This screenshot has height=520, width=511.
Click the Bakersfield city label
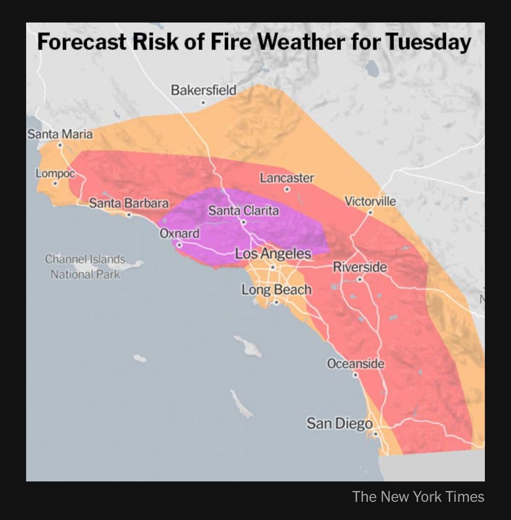pos(203,90)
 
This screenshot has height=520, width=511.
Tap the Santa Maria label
pos(60,134)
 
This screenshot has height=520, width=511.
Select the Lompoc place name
pos(56,174)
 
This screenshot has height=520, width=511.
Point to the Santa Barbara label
pos(129,203)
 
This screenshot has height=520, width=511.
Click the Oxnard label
pos(179,233)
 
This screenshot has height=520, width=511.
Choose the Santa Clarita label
pos(243,211)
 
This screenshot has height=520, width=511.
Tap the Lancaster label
pos(287,178)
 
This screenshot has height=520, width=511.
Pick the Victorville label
pos(370,201)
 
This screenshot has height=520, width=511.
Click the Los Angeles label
pos(273,254)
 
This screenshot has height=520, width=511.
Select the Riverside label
pos(360,267)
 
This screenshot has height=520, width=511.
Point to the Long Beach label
pos(276,290)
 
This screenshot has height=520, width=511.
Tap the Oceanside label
pos(356,363)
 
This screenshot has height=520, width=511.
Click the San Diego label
pos(339,423)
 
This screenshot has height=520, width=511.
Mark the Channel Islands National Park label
pos(85,266)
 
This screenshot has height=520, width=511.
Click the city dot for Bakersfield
pos(203,103)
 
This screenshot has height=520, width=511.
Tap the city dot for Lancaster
pos(287,189)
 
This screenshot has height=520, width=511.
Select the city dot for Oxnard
pos(179,244)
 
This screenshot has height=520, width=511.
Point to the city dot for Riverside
pos(359,279)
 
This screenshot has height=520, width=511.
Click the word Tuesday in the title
pos(428,42)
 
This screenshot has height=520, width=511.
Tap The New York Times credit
pos(418,497)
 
